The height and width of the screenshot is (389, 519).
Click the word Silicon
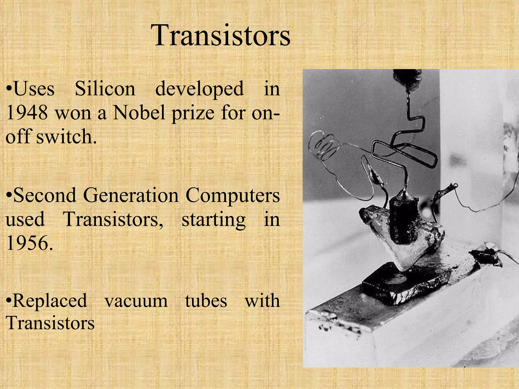click(105, 89)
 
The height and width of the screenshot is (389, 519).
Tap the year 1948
click(27, 112)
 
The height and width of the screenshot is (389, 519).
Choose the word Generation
click(131, 196)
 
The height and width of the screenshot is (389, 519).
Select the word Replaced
click(47, 301)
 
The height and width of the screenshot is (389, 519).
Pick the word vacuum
click(136, 301)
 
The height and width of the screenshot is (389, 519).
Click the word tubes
click(206, 301)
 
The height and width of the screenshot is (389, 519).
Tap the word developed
click(199, 89)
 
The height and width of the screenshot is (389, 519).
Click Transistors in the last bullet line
click(50, 323)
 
